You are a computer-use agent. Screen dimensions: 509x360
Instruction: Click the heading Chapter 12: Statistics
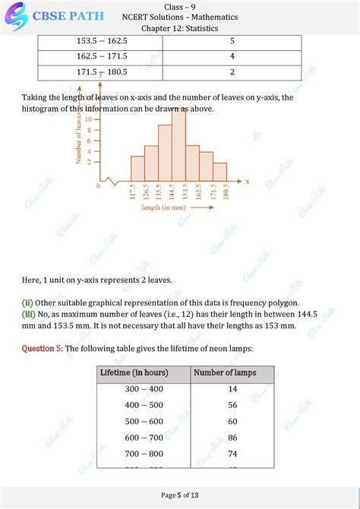click(x=180, y=28)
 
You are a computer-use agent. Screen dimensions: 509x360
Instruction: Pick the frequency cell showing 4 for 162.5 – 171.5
click(x=232, y=56)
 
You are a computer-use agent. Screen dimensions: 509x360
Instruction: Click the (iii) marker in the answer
click(x=28, y=314)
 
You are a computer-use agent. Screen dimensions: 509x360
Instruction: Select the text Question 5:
click(x=42, y=349)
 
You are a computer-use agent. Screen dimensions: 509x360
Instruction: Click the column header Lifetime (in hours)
click(x=134, y=373)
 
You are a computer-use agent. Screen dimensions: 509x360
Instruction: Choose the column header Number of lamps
click(x=225, y=373)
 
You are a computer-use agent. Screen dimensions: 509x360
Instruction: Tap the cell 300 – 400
click(x=144, y=389)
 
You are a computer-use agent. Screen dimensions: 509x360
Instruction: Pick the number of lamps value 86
click(x=232, y=438)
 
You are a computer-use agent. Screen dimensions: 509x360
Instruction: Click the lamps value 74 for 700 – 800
click(x=232, y=454)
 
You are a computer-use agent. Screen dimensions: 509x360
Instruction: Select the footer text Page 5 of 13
click(x=180, y=495)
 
